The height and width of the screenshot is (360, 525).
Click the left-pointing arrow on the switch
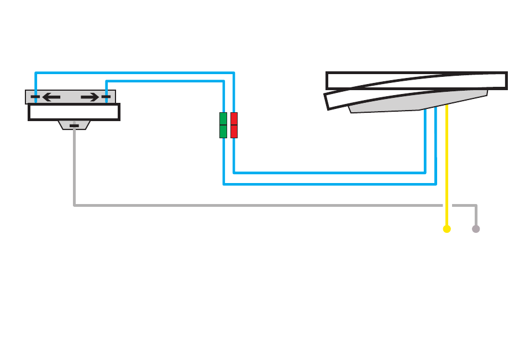51,97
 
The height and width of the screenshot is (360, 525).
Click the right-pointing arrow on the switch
90,97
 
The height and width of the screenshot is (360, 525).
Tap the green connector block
223,125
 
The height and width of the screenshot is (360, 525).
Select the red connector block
234,125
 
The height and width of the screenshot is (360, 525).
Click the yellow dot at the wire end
447,229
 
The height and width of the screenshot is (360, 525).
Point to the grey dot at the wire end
476,229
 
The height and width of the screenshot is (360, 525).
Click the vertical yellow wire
447,166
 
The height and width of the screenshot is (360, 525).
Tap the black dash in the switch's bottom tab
74,126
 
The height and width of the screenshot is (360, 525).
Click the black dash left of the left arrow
35,97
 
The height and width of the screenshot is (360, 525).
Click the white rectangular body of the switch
74,112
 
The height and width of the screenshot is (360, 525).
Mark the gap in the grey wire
447,206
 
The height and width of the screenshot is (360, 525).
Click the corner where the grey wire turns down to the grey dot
476,206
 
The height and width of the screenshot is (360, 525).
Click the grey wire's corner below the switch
74,206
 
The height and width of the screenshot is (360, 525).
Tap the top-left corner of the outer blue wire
35,73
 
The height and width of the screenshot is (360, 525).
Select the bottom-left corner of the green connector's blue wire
224,184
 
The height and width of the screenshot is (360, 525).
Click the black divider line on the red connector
234,125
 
